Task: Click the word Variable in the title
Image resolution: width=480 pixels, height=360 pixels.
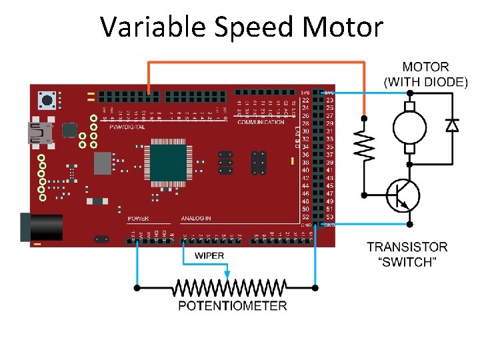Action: tap(153, 27)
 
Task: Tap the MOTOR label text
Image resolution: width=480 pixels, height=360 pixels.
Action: tap(426, 67)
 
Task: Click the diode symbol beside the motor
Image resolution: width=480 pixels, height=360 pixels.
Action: tap(452, 125)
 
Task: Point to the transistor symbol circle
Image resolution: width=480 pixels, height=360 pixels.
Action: tap(404, 195)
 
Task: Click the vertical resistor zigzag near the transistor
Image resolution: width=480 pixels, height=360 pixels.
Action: tap(365, 145)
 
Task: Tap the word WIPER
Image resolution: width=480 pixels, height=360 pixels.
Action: tap(209, 256)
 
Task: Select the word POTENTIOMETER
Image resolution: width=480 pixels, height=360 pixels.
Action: tap(233, 306)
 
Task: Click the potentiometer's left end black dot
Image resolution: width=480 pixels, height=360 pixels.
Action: tap(137, 288)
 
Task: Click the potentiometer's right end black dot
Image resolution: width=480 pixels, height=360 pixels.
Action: tap(315, 288)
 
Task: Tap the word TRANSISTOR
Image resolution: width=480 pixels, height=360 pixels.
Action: tap(407, 247)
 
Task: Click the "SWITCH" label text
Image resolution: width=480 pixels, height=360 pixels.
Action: tap(407, 262)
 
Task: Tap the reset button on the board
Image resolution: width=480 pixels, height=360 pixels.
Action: tap(46, 101)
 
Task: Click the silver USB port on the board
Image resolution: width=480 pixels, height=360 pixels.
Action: tap(39, 133)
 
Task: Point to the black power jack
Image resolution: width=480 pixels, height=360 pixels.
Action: tap(39, 226)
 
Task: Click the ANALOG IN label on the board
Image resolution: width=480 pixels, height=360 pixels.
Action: tap(196, 219)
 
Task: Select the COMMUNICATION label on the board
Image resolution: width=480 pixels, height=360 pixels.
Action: tap(261, 123)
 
